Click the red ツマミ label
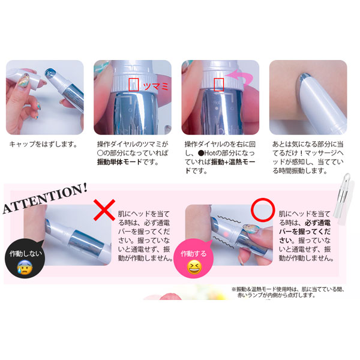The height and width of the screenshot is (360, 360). click(155, 86)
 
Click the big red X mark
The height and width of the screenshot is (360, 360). click(104, 210)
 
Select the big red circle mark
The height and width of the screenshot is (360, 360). click(263, 210)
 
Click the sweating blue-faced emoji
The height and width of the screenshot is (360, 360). click(25, 268)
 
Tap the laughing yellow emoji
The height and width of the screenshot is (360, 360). click(194, 267)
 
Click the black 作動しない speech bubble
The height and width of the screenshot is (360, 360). click(25, 258)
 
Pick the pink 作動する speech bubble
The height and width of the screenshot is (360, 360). click(194, 258)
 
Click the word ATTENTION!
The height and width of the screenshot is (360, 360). click(45, 198)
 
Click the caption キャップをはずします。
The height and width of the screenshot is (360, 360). click(43, 145)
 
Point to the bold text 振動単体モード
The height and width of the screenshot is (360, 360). click(119, 162)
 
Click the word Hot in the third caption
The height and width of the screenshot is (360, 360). click(209, 153)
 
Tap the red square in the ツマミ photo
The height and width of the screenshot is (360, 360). click(133, 85)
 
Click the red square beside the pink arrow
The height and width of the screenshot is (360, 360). click(219, 85)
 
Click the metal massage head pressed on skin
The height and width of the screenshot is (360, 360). click(305, 79)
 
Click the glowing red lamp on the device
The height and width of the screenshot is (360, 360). click(226, 235)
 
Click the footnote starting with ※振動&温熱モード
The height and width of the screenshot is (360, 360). click(287, 292)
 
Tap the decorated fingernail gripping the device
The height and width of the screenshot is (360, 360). click(251, 229)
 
